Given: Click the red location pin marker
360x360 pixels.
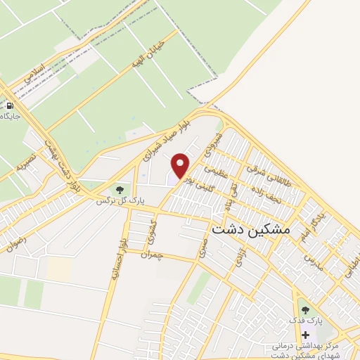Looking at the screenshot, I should pyautogui.click(x=181, y=165).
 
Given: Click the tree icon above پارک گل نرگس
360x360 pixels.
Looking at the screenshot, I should pyautogui.click(x=121, y=189).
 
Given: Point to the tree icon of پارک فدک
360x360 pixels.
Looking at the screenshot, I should pyautogui.click(x=304, y=309).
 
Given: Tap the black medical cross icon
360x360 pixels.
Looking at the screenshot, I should pyautogui.click(x=305, y=335).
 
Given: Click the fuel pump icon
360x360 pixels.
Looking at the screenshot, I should pyautogui.click(x=10, y=105).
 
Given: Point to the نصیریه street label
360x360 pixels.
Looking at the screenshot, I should pyautogui.click(x=25, y=165).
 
